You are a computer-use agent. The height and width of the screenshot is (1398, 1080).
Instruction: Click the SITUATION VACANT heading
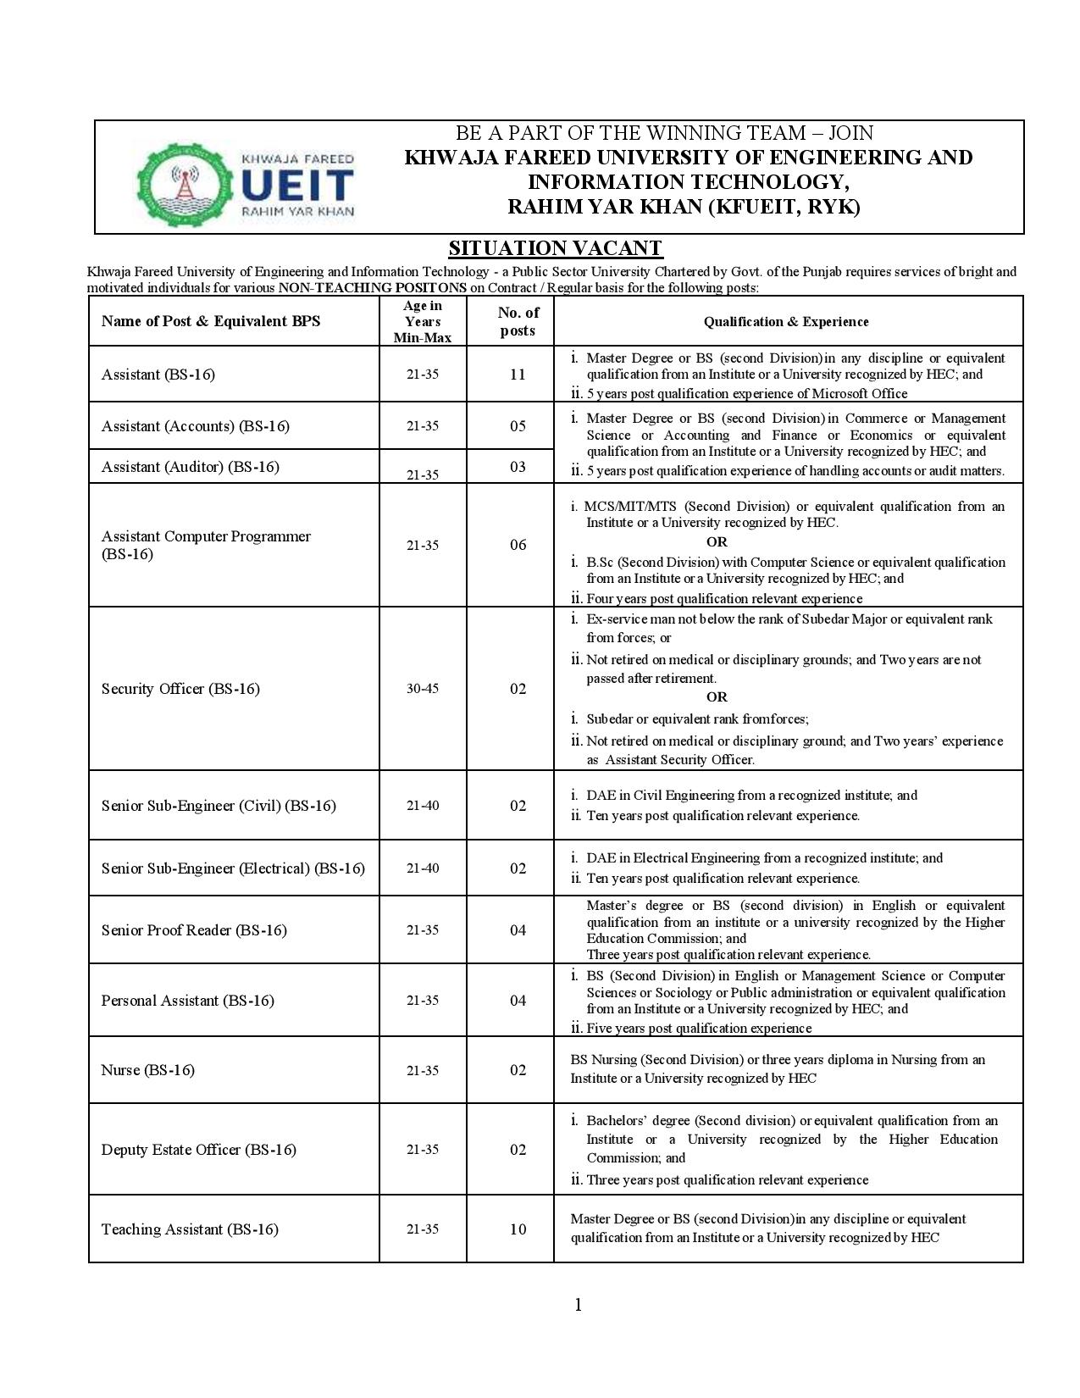pos(555,248)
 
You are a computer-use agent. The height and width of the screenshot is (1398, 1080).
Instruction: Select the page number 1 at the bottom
pos(579,1305)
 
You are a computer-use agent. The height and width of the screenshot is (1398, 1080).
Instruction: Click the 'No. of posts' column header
pos(518,321)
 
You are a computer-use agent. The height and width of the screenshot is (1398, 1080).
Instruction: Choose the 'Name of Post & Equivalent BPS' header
pos(211,321)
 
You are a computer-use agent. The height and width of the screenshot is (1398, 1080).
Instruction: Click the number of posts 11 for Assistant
pos(518,374)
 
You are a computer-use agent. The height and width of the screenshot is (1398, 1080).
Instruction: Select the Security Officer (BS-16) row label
pos(180,689)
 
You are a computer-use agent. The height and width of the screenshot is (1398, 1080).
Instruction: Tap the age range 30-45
pos(422,689)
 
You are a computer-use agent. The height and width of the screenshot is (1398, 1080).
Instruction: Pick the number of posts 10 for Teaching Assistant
pos(518,1229)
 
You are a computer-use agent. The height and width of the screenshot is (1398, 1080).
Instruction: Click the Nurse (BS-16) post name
pos(148,1070)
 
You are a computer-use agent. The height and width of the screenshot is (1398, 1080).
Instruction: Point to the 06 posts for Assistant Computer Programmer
pos(518,545)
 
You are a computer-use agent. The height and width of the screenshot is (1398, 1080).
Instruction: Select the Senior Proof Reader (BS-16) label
pos(194,930)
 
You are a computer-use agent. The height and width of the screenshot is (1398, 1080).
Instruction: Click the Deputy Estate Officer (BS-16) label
pos(199,1150)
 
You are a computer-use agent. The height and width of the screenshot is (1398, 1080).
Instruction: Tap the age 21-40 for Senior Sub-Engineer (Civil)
pos(422,806)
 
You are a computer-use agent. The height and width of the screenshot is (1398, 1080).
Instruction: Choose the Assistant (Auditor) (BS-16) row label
pos(191,467)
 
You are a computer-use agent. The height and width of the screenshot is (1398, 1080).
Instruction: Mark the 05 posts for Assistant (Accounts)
pos(518,426)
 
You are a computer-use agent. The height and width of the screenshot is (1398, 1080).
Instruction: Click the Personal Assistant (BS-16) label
pos(188,1001)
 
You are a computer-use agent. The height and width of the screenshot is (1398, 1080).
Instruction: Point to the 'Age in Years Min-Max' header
pos(422,321)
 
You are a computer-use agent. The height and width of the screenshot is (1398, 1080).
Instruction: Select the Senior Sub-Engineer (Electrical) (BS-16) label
pos(233,868)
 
